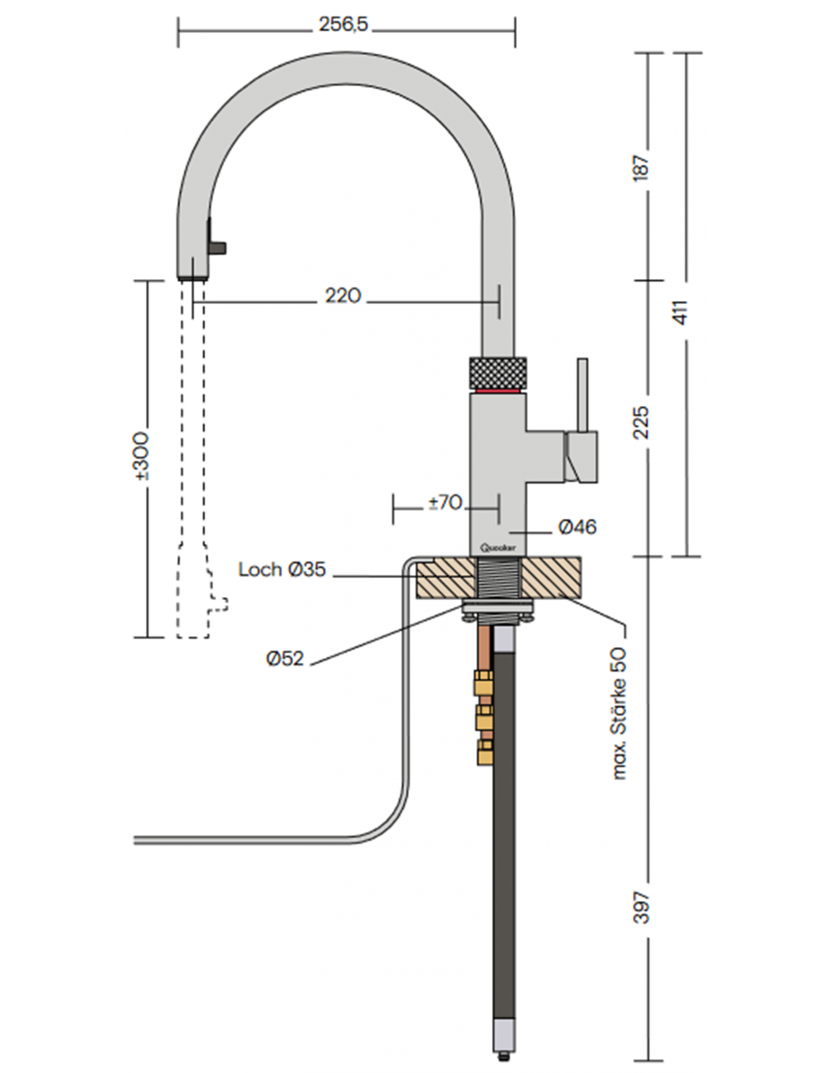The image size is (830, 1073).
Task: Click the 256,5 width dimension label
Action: click(343, 24)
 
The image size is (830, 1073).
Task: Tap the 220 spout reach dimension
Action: click(343, 296)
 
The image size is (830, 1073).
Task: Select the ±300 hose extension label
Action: click(141, 457)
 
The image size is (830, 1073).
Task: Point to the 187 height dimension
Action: click(641, 168)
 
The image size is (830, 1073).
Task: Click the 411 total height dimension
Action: click(680, 312)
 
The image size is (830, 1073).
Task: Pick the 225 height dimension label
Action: click(641, 423)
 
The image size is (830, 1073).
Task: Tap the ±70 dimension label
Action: click(445, 503)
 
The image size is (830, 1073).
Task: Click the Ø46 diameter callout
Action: click(577, 527)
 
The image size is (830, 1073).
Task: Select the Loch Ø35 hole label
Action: click(282, 570)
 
